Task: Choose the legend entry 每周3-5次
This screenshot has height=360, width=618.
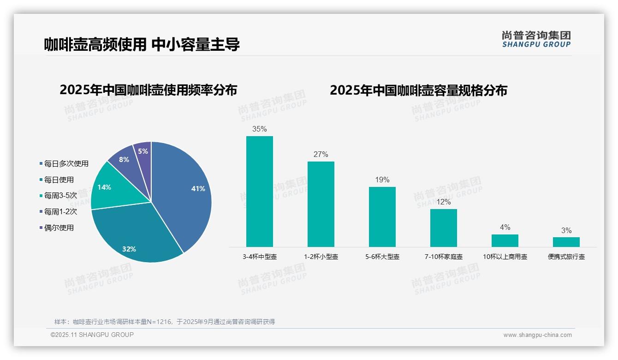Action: point(60,196)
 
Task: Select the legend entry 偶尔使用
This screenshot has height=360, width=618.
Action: point(59,228)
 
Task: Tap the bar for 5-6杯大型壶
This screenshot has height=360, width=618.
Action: point(382,217)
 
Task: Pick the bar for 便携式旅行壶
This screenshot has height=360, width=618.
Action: point(566,242)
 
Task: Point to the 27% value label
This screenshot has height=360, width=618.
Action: point(321,154)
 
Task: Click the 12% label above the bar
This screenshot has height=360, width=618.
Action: point(444,202)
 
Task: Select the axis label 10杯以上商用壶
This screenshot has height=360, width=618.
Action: point(505,257)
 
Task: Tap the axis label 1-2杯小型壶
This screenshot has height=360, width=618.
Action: point(321,257)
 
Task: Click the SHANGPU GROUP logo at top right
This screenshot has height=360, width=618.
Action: point(536,39)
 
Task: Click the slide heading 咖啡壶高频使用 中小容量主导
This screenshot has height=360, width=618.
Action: point(142,44)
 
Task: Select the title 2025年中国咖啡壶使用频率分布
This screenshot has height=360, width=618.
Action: point(148,90)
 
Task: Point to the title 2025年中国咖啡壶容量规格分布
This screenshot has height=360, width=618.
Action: point(418,90)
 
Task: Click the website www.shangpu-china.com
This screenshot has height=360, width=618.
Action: point(537,335)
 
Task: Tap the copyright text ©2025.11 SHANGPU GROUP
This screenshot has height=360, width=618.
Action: point(92,335)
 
